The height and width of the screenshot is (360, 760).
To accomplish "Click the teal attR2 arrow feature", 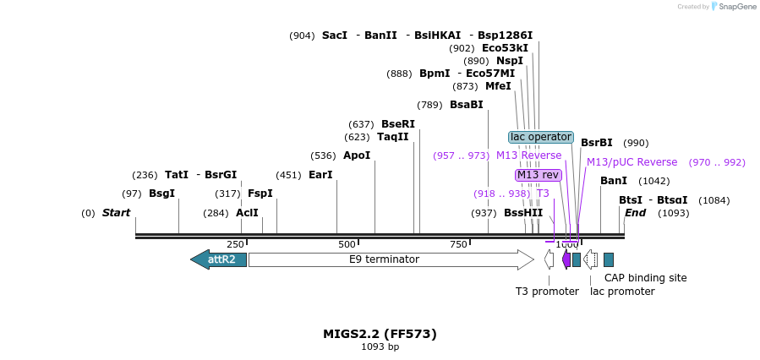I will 219,259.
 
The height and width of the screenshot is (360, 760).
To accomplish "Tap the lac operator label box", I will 541,137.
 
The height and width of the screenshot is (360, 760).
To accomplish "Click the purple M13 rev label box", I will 539,175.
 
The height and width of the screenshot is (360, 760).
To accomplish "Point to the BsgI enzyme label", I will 161,194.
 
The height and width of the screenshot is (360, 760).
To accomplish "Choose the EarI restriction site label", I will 320,175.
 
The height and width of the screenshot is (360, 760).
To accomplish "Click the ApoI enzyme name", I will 357,155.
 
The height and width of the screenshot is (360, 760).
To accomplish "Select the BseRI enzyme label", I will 398,124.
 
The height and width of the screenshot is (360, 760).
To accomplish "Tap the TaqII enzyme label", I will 393,137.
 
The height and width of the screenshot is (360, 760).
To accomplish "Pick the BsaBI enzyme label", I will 467,105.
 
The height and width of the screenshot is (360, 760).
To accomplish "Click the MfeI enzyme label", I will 498,86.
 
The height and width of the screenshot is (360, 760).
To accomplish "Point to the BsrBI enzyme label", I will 597,143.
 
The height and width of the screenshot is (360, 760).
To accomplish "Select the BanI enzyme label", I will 614,181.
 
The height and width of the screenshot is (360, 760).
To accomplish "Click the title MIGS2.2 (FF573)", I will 380,334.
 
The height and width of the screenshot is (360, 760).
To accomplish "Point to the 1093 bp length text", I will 380,347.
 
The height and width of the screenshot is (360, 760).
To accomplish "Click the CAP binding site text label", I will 645,277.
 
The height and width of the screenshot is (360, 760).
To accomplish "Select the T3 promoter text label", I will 547,292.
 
